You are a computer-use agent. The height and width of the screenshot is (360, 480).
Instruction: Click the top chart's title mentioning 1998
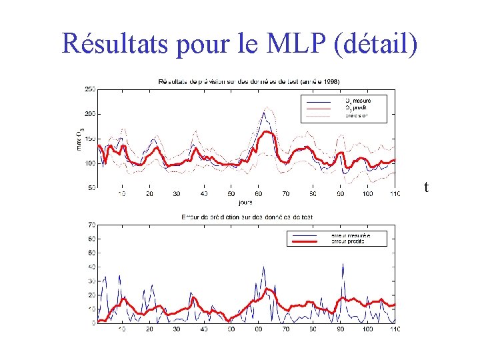click(x=249, y=81)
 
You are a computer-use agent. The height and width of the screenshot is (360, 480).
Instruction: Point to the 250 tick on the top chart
click(x=89, y=89)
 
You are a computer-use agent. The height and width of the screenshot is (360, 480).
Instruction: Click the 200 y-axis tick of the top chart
click(x=89, y=114)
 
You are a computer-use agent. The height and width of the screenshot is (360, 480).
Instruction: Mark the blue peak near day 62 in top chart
click(x=264, y=113)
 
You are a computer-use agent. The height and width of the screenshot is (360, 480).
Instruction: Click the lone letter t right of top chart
click(x=426, y=188)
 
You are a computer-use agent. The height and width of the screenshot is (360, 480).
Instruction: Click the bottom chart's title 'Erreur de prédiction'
click(x=247, y=217)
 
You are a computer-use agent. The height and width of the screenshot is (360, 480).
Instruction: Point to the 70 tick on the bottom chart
click(x=91, y=225)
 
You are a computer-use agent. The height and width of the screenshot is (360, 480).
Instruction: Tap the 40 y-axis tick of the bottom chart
click(x=91, y=267)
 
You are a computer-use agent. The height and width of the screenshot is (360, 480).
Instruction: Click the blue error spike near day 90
click(x=343, y=264)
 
